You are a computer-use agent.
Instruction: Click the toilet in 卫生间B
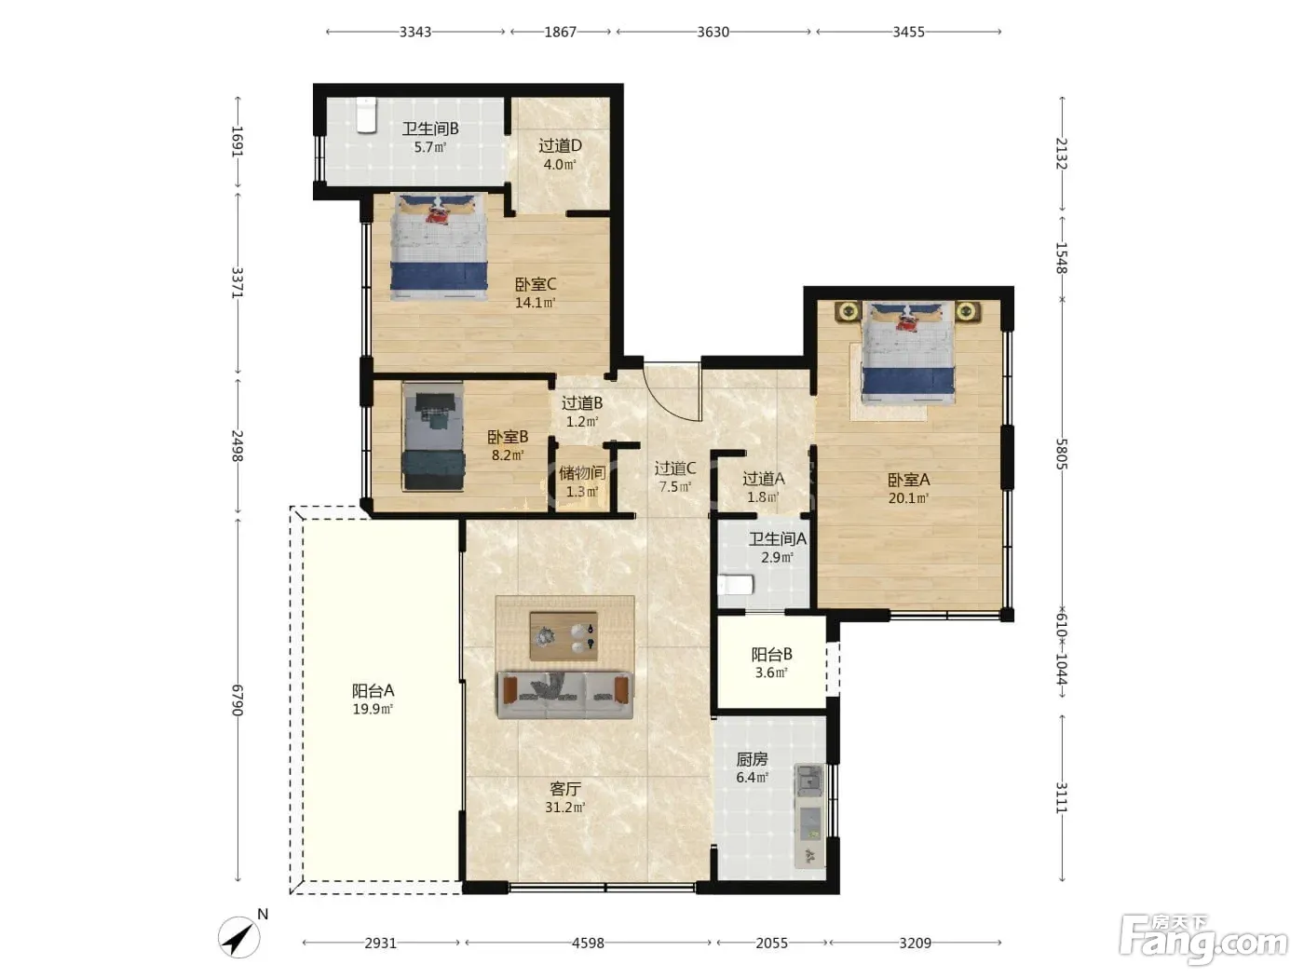(366, 115)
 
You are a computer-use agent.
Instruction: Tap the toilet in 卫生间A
(736, 584)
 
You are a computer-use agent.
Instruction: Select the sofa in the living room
(564, 695)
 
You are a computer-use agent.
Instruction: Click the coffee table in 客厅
(564, 636)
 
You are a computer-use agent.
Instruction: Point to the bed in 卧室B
(433, 437)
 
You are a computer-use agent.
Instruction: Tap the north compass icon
(238, 938)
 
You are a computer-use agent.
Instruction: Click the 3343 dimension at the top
(414, 32)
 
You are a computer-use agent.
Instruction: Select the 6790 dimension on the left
(237, 700)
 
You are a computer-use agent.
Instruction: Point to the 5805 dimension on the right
(1062, 454)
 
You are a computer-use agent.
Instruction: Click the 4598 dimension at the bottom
(588, 943)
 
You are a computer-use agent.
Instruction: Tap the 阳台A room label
(373, 690)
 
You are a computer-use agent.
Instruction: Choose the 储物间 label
(582, 472)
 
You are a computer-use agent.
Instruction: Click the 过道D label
(560, 145)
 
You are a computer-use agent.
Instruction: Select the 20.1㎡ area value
(908, 498)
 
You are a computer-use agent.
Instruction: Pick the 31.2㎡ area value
(565, 807)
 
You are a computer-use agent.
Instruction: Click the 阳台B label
(771, 655)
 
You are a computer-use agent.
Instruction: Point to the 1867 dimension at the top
(560, 32)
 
